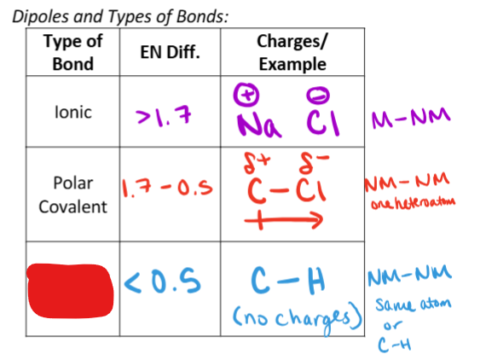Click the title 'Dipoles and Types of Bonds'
point(120,16)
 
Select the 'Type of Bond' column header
point(73,52)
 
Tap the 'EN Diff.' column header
point(170,52)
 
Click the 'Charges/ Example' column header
point(292,52)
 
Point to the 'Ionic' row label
point(73,112)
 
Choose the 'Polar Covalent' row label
point(73,195)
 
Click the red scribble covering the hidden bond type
point(71,291)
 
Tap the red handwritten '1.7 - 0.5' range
point(167,189)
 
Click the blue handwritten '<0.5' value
point(162,281)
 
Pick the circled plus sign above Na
point(246,94)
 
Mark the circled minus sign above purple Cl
point(318,95)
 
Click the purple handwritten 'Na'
point(259,125)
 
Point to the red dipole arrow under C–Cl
point(284,220)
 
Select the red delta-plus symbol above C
point(257,162)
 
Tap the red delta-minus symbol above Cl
point(312,162)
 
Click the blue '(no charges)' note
point(298,317)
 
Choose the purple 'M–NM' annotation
point(411,117)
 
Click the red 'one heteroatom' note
point(414,203)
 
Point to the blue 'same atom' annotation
point(414,305)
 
